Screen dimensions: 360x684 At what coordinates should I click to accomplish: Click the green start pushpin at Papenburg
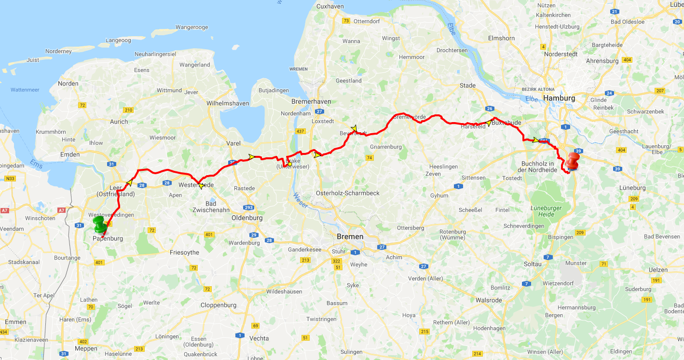tap(100, 225)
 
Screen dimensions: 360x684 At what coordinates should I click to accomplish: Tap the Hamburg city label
tap(559, 98)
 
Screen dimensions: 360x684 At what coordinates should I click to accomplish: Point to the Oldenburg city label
tap(247, 218)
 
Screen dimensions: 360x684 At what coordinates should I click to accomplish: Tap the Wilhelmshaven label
tap(228, 103)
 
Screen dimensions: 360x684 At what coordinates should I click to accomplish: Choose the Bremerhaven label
tap(311, 101)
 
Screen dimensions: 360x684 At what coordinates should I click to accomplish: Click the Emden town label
tap(70, 154)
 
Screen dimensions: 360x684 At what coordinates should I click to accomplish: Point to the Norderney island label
tap(58, 51)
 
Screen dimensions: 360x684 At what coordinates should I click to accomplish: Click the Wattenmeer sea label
tap(25, 90)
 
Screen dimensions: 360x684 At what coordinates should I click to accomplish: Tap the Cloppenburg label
tap(219, 305)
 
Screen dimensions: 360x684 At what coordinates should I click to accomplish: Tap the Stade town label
tap(467, 85)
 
